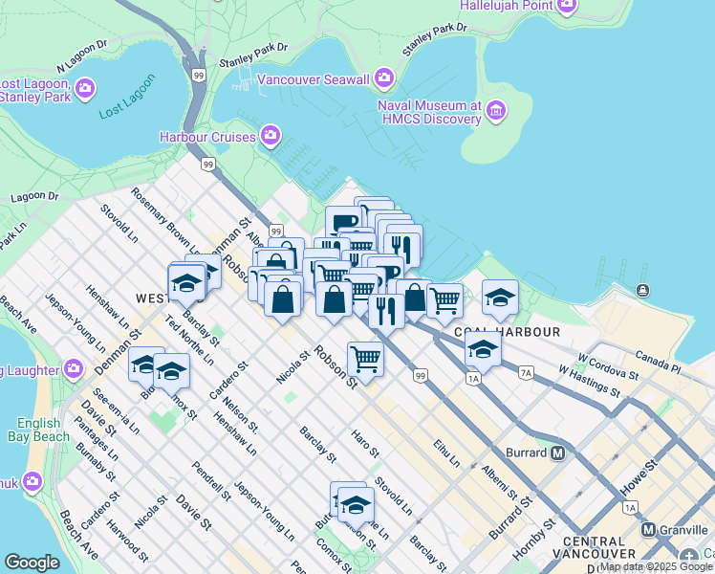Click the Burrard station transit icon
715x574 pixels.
click(557, 452)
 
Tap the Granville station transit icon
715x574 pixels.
click(648, 529)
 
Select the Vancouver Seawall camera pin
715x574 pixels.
click(384, 77)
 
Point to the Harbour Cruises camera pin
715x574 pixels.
click(271, 136)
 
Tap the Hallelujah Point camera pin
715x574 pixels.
click(567, 6)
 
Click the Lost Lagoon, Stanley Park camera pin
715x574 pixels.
click(84, 89)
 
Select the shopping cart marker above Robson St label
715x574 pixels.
click(364, 359)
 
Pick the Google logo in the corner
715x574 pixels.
click(32, 563)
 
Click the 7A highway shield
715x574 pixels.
click(525, 371)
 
